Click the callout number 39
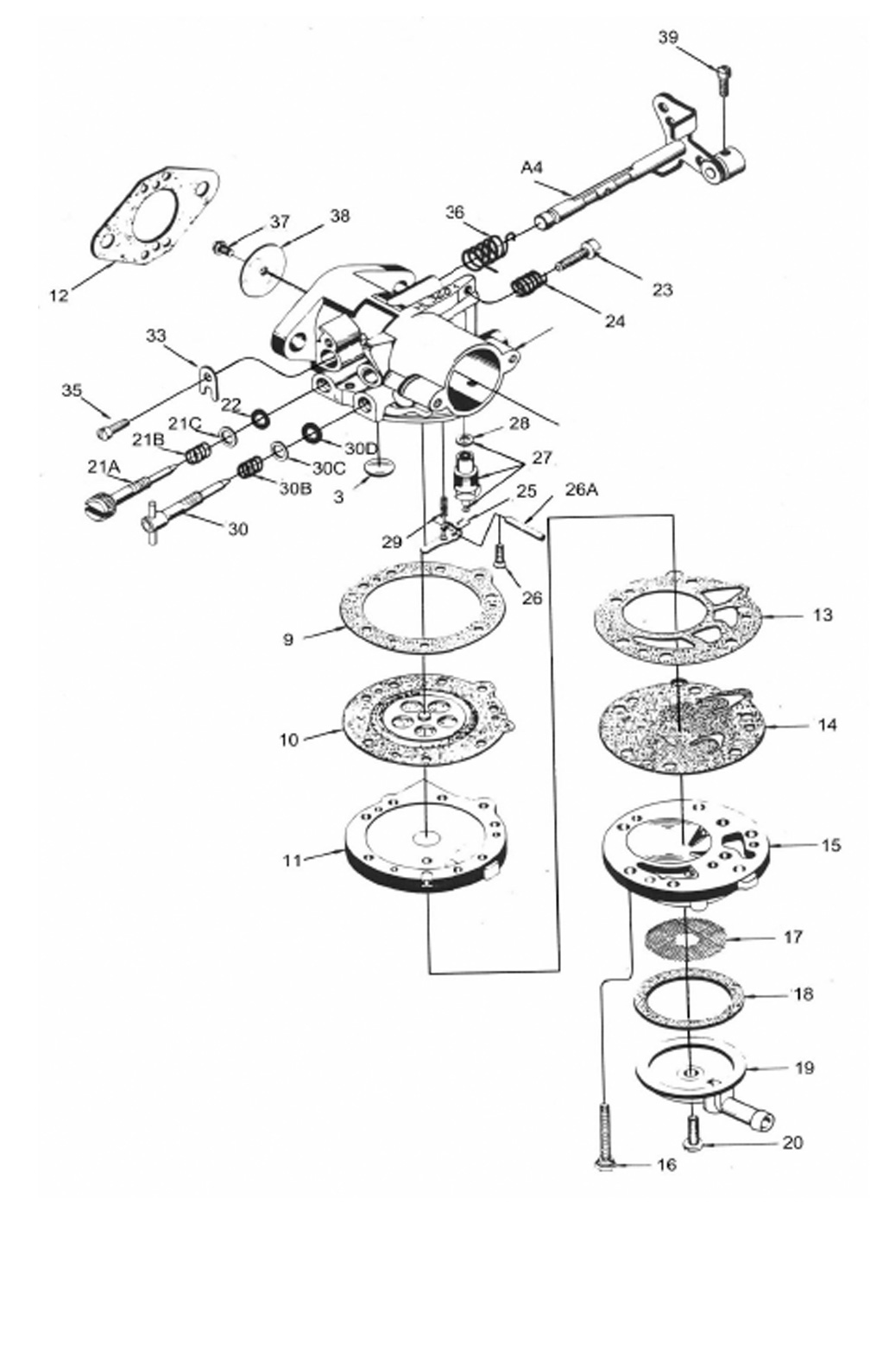668,37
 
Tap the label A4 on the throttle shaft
532,167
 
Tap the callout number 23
662,290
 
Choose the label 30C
329,468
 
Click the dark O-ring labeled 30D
312,433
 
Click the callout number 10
289,740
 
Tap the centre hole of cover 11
427,838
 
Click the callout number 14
827,725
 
